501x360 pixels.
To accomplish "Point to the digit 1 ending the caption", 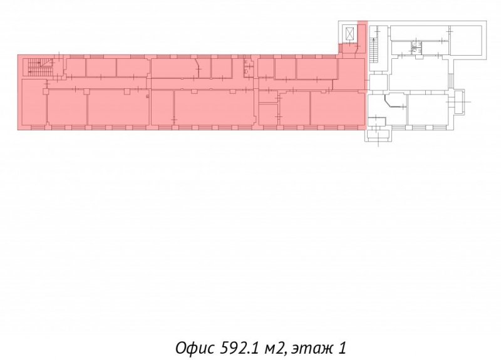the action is [341, 348].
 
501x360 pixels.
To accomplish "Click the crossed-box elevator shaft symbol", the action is [350, 33].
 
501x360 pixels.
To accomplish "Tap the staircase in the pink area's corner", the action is [40, 67].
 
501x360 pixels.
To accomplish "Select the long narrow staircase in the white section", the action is [374, 51].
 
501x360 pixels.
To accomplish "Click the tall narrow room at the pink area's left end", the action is [34, 102].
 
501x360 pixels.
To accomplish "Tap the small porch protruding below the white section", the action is [378, 135].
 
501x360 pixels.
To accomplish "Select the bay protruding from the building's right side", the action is [458, 102].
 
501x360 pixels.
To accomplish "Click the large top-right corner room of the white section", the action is [465, 40].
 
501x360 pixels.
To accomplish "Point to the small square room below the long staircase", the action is [378, 83].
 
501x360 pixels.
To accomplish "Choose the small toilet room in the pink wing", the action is [248, 67].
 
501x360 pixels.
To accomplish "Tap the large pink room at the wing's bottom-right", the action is [338, 108].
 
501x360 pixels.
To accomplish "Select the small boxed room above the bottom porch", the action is [377, 121].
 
